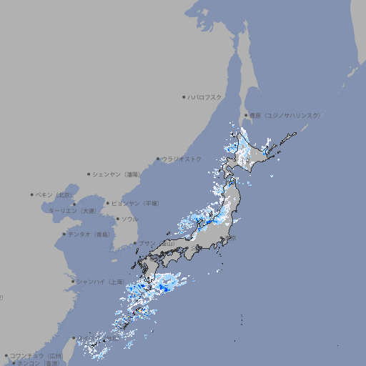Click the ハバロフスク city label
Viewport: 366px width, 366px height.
tap(204, 97)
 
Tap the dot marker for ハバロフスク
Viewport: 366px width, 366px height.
tap(184, 97)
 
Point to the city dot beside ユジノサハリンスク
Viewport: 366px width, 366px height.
tap(246, 115)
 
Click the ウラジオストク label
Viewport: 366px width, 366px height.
tap(182, 159)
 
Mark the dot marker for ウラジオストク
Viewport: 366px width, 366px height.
tap(158, 159)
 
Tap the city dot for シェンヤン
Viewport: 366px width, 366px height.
tap(89, 174)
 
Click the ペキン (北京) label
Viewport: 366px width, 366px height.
tap(54, 194)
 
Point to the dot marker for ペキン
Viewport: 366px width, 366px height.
tap(32, 194)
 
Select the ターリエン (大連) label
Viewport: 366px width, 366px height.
tap(72, 211)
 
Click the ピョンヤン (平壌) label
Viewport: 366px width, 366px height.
tap(135, 203)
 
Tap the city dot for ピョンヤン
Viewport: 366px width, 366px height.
tap(108, 203)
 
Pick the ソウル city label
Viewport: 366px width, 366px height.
tap(129, 219)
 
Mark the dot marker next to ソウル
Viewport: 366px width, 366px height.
tap(117, 219)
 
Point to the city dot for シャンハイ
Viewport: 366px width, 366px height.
tap(73, 282)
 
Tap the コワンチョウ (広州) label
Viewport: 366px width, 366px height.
tap(36, 355)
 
